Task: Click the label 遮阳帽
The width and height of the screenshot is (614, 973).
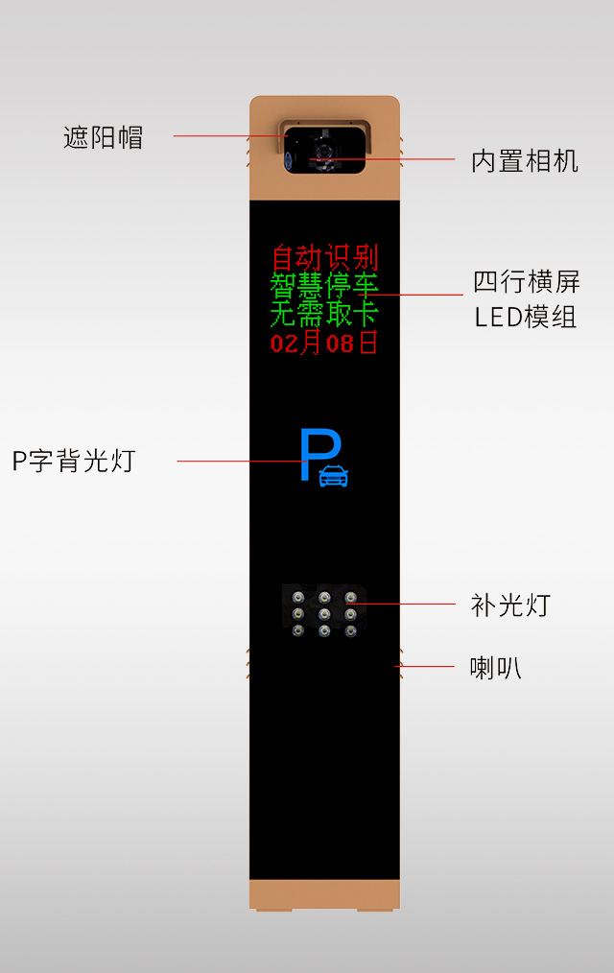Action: (x=103, y=137)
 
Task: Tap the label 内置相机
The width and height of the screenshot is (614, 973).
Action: (x=525, y=161)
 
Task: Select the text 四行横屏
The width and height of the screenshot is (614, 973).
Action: (x=527, y=282)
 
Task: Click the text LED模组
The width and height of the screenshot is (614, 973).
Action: (x=526, y=317)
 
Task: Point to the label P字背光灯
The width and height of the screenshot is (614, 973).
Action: (x=74, y=461)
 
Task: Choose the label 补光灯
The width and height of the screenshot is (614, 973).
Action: (x=510, y=605)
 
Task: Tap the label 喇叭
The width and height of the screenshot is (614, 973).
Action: (x=496, y=668)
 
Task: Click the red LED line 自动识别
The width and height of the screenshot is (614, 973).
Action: (x=324, y=257)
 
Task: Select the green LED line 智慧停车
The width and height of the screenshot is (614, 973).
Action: (x=323, y=285)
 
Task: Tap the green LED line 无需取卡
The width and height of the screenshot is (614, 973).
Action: (x=323, y=314)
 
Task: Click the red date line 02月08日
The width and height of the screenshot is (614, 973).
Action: (x=323, y=342)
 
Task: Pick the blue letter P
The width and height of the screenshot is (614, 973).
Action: (x=319, y=454)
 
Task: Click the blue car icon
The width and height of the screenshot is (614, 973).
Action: (x=334, y=476)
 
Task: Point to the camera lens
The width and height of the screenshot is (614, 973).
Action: (x=323, y=152)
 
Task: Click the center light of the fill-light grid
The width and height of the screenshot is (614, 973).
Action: (x=324, y=614)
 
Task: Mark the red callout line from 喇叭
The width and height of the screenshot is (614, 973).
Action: (x=425, y=667)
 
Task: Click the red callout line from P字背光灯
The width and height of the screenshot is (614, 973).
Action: (x=241, y=461)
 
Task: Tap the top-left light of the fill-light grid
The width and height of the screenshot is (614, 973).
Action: (x=298, y=598)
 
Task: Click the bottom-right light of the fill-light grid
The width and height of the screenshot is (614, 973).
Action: (x=350, y=631)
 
